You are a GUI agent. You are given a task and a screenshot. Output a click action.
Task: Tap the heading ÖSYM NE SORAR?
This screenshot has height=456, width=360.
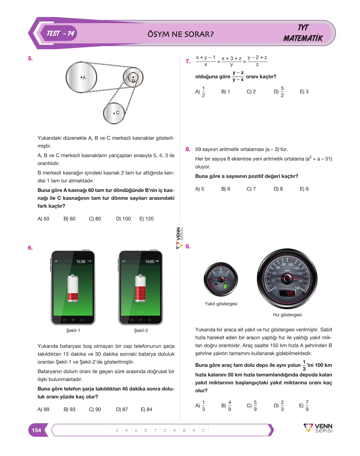[180, 34]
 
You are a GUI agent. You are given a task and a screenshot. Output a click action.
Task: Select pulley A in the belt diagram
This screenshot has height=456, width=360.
[81, 77]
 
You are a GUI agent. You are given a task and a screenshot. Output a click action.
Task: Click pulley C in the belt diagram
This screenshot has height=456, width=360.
[114, 113]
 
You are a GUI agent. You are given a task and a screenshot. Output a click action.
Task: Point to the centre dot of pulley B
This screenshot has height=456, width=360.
[133, 77]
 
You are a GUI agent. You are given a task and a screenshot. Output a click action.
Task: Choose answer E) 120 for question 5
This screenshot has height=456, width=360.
[147, 219]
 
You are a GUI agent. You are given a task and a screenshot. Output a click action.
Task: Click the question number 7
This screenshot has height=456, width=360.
[188, 62]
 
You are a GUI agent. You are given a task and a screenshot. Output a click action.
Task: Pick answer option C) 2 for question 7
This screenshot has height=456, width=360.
[251, 91]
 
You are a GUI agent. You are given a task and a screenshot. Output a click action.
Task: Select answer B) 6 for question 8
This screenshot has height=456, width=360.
[226, 189]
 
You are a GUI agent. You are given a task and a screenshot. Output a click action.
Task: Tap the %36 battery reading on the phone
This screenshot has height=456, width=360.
[81, 261]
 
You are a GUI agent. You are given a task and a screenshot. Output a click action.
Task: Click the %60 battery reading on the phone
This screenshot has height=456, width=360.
[150, 261]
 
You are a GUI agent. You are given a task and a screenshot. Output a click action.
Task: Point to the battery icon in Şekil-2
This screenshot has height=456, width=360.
[141, 288]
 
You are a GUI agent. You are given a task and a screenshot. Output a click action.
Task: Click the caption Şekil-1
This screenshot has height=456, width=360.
[73, 330]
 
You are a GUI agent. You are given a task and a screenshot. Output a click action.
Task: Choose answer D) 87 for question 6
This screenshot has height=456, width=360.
[122, 409]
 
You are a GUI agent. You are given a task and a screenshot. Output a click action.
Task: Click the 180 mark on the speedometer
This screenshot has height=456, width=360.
[297, 288]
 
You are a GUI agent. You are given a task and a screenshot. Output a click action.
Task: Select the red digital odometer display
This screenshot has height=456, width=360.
[287, 293]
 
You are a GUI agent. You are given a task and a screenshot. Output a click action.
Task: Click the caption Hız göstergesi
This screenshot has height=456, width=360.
[287, 315]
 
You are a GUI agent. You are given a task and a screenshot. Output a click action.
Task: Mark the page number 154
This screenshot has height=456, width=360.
[36, 430]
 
